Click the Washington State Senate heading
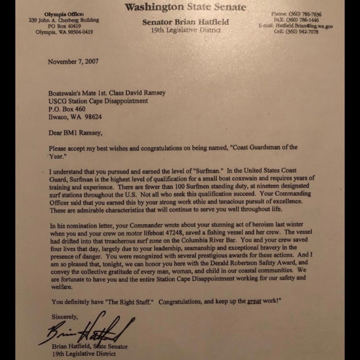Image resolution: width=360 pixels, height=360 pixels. tap(185, 7)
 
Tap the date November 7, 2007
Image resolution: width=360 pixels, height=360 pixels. tap(73, 62)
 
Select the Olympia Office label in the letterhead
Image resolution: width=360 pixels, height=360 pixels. tap(64, 14)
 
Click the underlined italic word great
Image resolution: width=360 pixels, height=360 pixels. tap(254, 302)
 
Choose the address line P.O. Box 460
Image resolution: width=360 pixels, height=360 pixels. tap(67, 109)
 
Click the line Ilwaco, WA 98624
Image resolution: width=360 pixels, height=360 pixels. tap(75, 117)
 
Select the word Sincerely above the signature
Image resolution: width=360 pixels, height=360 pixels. tap(65, 317)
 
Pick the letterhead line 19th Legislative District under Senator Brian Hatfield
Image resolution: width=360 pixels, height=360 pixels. tap(186, 31)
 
